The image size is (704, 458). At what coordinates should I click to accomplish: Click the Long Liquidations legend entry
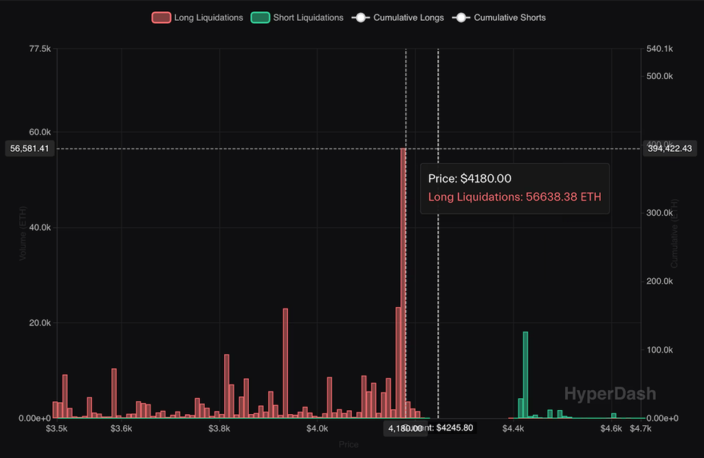point(197,18)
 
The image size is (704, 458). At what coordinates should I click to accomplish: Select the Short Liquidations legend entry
point(297,18)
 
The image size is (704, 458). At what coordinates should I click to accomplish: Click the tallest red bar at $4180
point(404,275)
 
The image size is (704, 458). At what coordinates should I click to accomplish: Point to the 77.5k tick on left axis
point(40,49)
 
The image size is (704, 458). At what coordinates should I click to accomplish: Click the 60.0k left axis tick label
point(39,132)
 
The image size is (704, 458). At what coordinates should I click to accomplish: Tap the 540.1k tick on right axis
point(659,49)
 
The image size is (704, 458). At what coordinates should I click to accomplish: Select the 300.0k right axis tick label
point(659,213)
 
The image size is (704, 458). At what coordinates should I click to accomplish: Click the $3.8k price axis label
point(219,429)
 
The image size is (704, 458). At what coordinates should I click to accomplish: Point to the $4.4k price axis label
point(513,429)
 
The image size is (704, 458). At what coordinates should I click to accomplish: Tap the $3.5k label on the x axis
point(56,429)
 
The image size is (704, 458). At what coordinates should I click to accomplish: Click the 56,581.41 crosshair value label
point(28,148)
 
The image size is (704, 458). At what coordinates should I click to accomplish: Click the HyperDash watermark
point(610,393)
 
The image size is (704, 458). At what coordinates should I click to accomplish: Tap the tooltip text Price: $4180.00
point(470,179)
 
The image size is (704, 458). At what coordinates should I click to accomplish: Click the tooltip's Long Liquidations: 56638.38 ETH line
point(514,197)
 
